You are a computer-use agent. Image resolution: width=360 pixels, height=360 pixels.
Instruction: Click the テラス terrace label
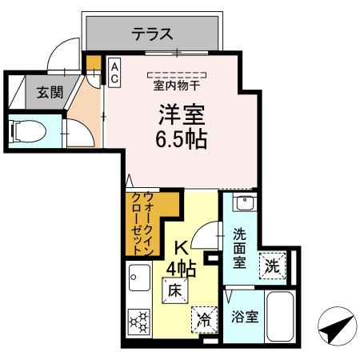tap(153, 34)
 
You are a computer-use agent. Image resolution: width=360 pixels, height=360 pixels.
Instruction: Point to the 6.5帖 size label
tap(181, 141)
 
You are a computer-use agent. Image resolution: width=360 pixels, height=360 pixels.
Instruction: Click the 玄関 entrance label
tap(49, 92)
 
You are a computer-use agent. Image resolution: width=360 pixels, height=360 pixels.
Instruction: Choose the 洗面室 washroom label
tap(240, 246)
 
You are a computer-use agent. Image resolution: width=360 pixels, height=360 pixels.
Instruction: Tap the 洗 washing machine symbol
tap(273, 265)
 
